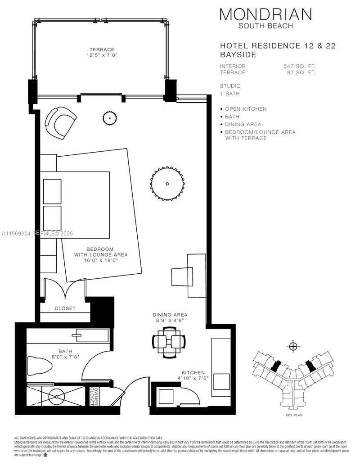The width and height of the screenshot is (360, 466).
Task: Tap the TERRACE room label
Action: [x=102, y=50]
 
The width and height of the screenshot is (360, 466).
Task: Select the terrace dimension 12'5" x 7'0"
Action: [x=102, y=55]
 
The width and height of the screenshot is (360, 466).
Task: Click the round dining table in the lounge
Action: [x=167, y=184]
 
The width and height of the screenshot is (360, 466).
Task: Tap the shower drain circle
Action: [x=57, y=398]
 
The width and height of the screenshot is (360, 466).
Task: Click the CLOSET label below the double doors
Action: [x=65, y=308]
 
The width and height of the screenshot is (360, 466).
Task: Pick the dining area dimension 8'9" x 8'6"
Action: [x=170, y=321]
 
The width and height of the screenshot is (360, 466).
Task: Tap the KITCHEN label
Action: [x=193, y=373]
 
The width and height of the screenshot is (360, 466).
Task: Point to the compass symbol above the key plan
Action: [x=293, y=346]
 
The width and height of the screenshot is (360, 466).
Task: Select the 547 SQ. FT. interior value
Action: [x=299, y=66]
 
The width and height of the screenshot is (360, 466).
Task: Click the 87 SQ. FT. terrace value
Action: [x=301, y=72]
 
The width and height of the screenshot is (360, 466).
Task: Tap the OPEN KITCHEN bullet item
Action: [x=246, y=109]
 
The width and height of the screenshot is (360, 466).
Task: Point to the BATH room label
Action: [x=65, y=351]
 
